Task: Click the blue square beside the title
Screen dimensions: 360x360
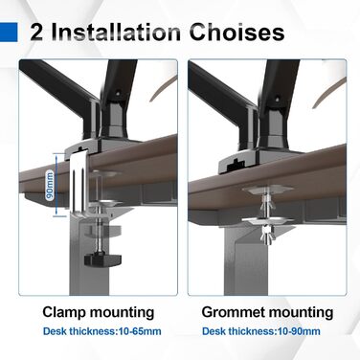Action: click(x=9, y=33)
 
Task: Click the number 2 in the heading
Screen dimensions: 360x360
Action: click(x=36, y=33)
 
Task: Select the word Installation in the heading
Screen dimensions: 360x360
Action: click(x=116, y=33)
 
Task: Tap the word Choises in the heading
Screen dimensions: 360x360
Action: click(x=236, y=33)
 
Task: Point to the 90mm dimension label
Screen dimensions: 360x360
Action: click(x=50, y=185)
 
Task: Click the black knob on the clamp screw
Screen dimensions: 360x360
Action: click(x=102, y=259)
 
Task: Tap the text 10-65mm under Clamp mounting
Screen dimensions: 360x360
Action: click(x=140, y=331)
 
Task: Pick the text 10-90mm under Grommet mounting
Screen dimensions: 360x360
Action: click(x=299, y=331)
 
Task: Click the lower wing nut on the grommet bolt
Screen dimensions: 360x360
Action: click(x=268, y=235)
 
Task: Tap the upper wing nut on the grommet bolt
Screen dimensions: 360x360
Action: click(x=268, y=202)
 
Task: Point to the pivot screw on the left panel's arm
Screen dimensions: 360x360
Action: click(x=118, y=94)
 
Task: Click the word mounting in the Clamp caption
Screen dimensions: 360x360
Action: click(x=122, y=313)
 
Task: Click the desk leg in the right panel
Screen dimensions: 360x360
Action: click(x=246, y=259)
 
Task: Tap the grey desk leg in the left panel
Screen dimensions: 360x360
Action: click(x=89, y=256)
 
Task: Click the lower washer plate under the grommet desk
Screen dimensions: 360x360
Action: click(x=268, y=221)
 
